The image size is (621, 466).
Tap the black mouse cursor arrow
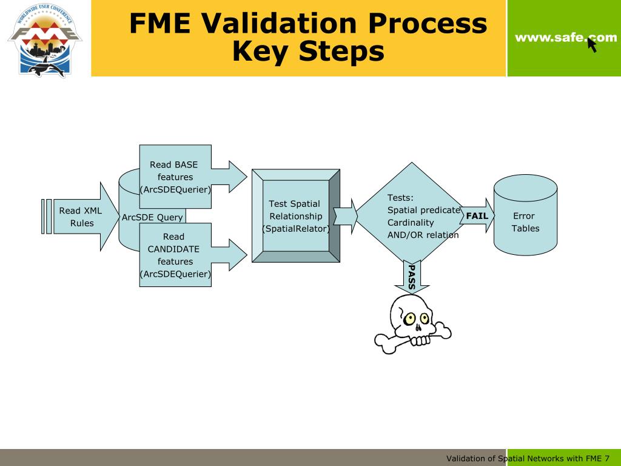[592, 45]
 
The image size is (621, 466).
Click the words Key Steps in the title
[308, 52]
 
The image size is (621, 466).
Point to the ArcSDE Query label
[152, 217]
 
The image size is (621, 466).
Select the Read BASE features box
[175, 177]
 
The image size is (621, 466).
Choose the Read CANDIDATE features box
[175, 255]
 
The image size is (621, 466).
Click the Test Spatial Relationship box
[295, 216]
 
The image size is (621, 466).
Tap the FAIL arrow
[477, 216]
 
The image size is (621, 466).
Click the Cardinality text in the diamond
[409, 222]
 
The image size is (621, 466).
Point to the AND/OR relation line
[423, 235]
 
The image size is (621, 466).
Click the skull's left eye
[409, 318]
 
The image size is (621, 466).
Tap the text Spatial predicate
[423, 210]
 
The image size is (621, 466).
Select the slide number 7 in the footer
[606, 458]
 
